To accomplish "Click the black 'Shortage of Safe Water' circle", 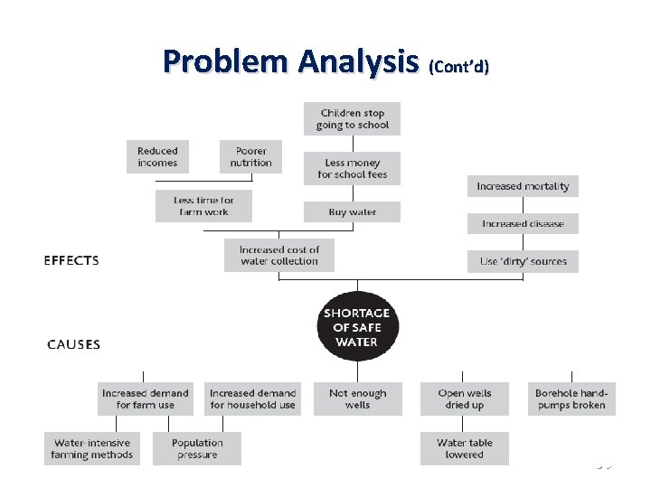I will (x=357, y=327).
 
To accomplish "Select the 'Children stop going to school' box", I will (x=352, y=118).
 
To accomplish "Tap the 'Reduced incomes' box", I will (x=157, y=156).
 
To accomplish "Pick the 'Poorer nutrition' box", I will (x=250, y=156).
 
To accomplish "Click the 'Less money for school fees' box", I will (x=352, y=168).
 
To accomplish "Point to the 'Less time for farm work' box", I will (x=203, y=206).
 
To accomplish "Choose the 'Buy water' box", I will (x=352, y=212).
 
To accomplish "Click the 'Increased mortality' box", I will (x=523, y=186).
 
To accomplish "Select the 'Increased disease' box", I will (x=523, y=223).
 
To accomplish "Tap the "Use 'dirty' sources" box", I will (x=523, y=261).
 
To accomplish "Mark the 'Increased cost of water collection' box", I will (x=279, y=255).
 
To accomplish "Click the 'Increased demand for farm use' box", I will (x=146, y=399).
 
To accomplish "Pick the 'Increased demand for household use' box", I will (x=252, y=399).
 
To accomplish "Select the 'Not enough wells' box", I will (x=357, y=399).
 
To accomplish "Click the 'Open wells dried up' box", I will (x=464, y=399).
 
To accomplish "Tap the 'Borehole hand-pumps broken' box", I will (x=571, y=399).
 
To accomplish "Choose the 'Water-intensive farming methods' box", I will (x=92, y=448).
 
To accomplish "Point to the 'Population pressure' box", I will (x=197, y=448).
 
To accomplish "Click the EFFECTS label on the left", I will (x=71, y=260).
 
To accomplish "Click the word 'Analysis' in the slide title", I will (x=359, y=61).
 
